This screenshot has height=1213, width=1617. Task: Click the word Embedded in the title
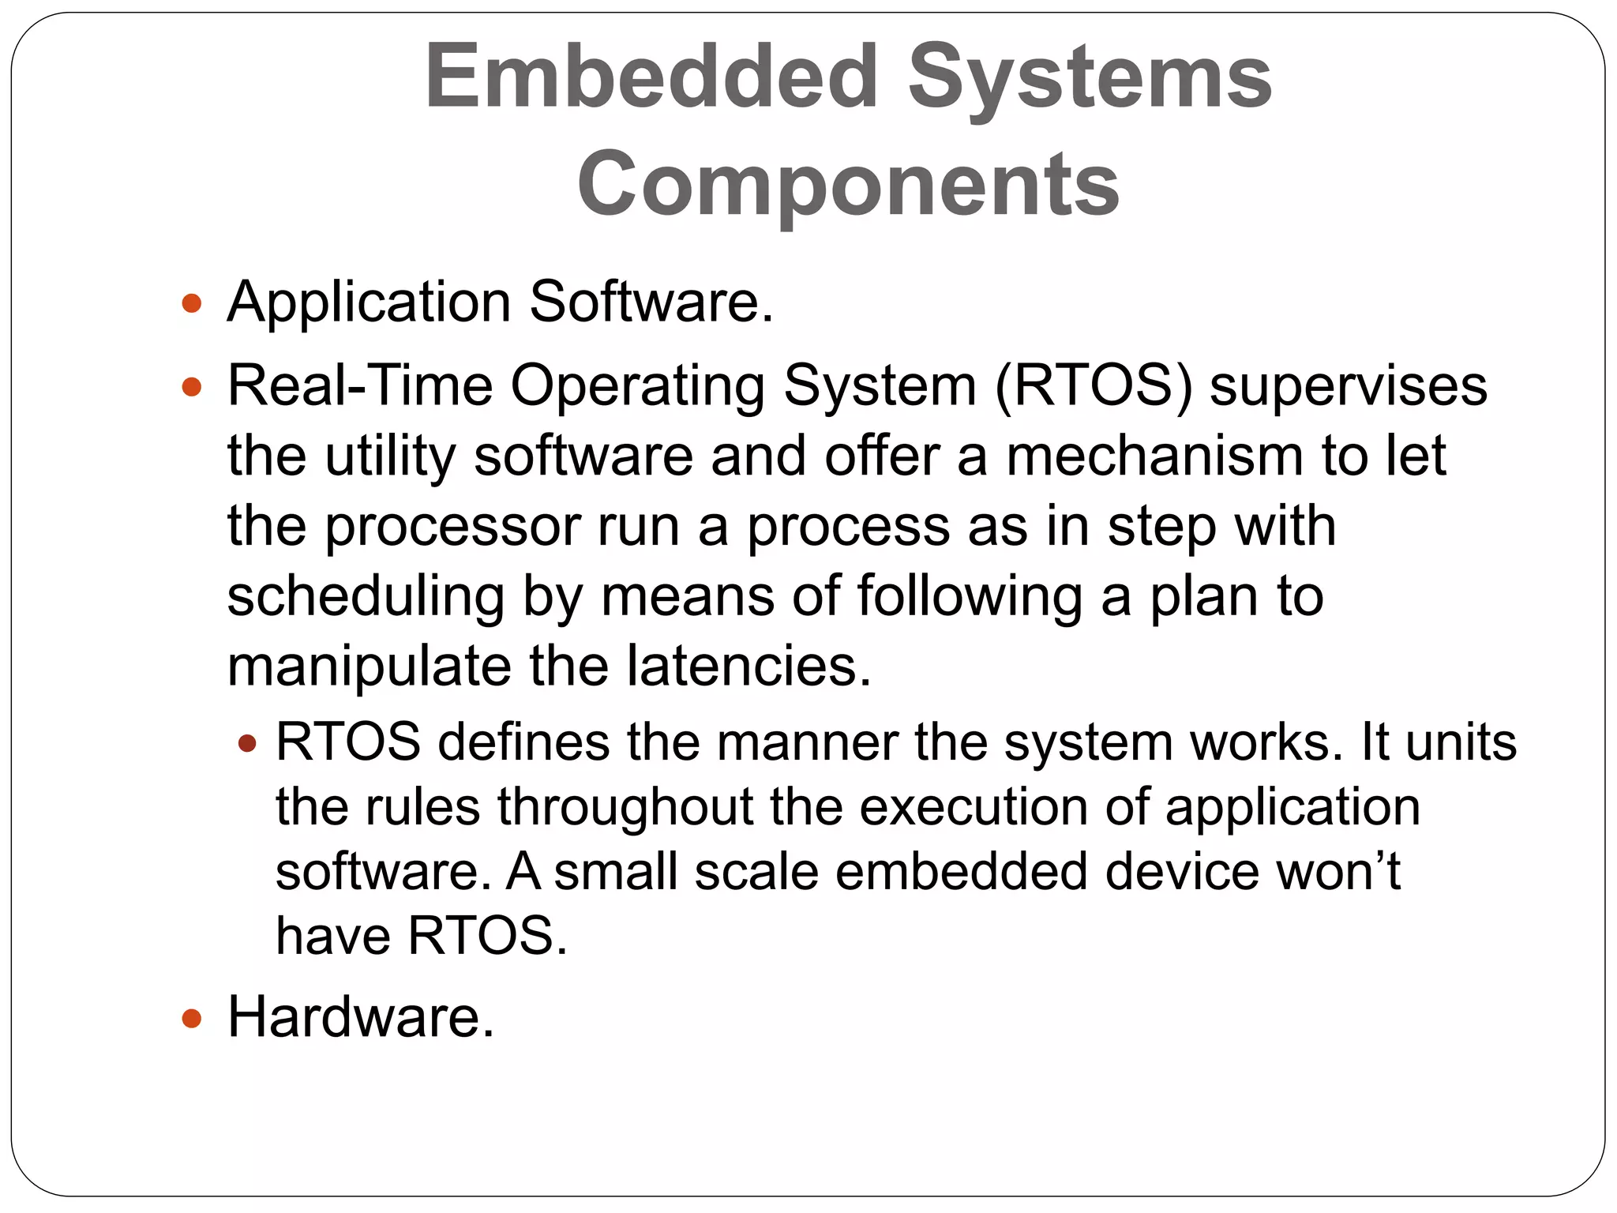coord(651,77)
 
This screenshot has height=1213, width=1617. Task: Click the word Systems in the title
coord(1090,77)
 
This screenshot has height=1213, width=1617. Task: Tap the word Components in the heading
coord(848,184)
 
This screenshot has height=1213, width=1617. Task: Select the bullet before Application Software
coord(192,303)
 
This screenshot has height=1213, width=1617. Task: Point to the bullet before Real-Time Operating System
coord(192,388)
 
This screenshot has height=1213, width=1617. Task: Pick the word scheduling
coord(366,597)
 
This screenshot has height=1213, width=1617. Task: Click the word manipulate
coord(370,667)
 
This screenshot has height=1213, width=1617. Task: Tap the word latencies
coord(748,666)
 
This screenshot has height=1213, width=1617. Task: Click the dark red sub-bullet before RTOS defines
coord(247,743)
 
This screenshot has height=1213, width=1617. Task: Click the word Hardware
coord(360,1017)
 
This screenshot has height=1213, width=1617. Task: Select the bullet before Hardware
coord(192,1019)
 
